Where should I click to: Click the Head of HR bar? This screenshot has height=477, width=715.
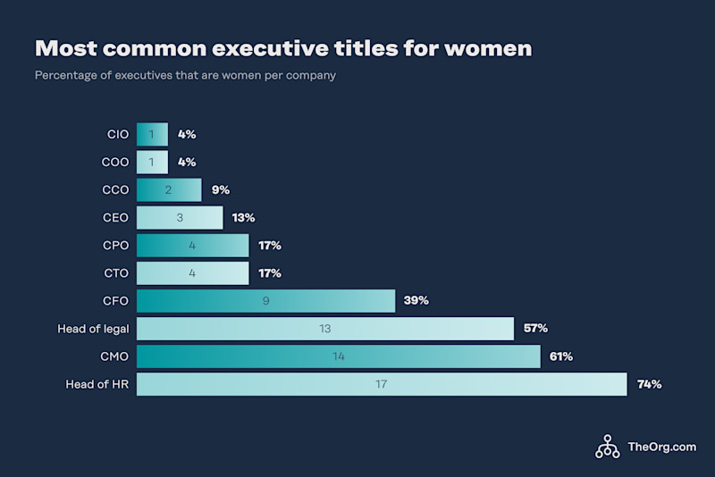tap(382, 385)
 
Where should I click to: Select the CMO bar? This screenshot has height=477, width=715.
tap(338, 356)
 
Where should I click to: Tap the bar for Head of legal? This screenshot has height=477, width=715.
tap(324, 329)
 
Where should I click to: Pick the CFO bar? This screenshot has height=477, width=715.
tap(265, 301)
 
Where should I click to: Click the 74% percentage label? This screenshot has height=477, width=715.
tap(649, 385)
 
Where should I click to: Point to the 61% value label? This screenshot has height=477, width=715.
tap(561, 356)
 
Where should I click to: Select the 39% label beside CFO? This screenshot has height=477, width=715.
tap(416, 301)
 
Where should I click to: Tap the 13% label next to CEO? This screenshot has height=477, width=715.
tap(243, 218)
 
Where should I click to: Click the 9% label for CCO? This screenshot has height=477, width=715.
tap(220, 190)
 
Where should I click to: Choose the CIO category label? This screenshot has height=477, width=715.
tap(117, 135)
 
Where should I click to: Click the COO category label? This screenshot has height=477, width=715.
tap(115, 163)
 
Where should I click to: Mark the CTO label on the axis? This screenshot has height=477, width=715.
tap(115, 273)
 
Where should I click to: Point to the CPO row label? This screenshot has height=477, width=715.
tap(115, 246)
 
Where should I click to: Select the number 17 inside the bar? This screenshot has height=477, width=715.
tap(382, 385)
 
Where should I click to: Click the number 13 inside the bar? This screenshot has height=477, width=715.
tap(324, 329)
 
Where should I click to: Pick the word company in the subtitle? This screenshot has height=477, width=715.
tap(311, 76)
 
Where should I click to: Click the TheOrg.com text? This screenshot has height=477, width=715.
tap(661, 447)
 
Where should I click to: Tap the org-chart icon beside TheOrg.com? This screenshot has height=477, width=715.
tap(608, 447)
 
